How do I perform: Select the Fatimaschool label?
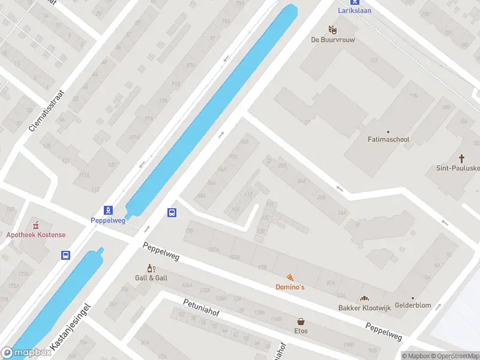pos(388,140)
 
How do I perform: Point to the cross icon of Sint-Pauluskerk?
pos(462,158)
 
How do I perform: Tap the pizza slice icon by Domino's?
pos(290,277)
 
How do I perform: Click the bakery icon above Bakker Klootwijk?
pos(364,298)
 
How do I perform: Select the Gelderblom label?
pos(413,305)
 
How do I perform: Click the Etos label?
pos(301,331)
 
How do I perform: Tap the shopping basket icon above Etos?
pos(301,321)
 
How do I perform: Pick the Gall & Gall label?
pos(151,278)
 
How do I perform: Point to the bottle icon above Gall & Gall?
pos(151,268)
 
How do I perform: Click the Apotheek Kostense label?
pos(36,235)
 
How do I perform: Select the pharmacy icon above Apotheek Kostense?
pos(36,224)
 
